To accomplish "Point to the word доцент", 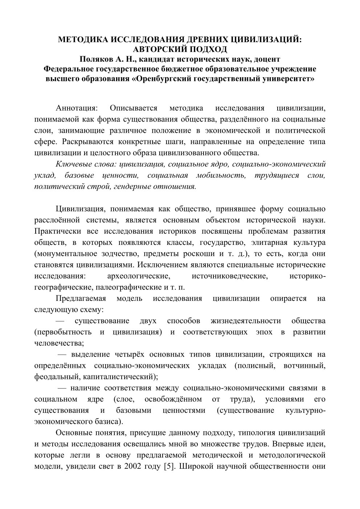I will tap(267, 59).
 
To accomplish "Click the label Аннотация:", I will tap(77, 108).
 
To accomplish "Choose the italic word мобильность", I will tap(221, 176).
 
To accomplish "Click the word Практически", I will tap(57, 231).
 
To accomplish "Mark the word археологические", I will tap(139, 276).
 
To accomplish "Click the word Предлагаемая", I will tap(81, 299).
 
